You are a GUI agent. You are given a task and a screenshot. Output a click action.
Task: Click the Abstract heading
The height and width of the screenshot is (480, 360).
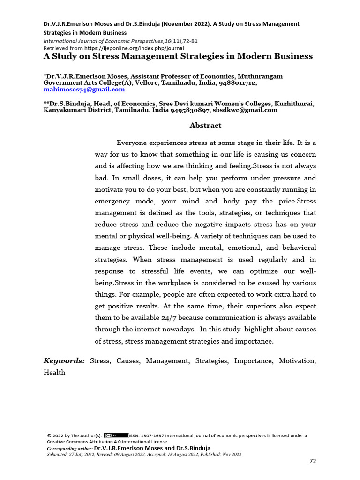point(205,125)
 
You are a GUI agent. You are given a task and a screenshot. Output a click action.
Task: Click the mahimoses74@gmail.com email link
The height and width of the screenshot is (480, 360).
point(84,89)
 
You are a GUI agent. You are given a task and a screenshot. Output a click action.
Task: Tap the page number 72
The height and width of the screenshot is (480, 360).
point(313,461)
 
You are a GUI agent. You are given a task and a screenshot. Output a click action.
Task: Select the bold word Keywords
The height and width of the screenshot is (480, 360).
point(64,360)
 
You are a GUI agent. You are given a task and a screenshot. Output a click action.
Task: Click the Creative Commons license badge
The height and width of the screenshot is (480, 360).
point(116,435)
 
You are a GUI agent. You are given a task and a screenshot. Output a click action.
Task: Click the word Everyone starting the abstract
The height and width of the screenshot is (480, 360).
point(134,142)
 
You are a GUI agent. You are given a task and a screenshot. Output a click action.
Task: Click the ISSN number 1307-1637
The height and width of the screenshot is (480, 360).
point(153,435)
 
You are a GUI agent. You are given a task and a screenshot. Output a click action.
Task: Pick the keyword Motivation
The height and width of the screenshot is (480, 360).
point(297,360)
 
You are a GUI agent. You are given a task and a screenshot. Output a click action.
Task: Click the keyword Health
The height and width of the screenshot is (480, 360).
point(54,372)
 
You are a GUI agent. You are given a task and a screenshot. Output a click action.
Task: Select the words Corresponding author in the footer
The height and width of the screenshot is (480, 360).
point(69,448)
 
